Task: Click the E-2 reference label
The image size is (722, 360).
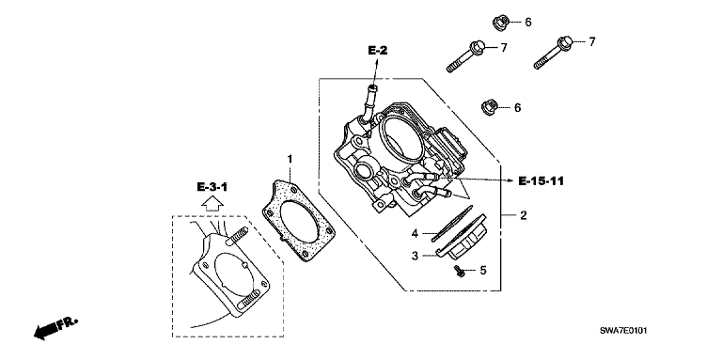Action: click(378, 51)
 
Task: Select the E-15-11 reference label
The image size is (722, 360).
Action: click(541, 180)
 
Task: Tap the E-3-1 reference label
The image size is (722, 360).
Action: click(212, 187)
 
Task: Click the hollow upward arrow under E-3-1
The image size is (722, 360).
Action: click(212, 203)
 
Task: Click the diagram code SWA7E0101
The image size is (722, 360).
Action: click(625, 330)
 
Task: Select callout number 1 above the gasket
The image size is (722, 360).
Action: click(290, 159)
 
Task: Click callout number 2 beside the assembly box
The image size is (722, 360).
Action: click(523, 215)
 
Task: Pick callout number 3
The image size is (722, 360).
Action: click(415, 256)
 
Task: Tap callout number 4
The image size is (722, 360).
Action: click(415, 234)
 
